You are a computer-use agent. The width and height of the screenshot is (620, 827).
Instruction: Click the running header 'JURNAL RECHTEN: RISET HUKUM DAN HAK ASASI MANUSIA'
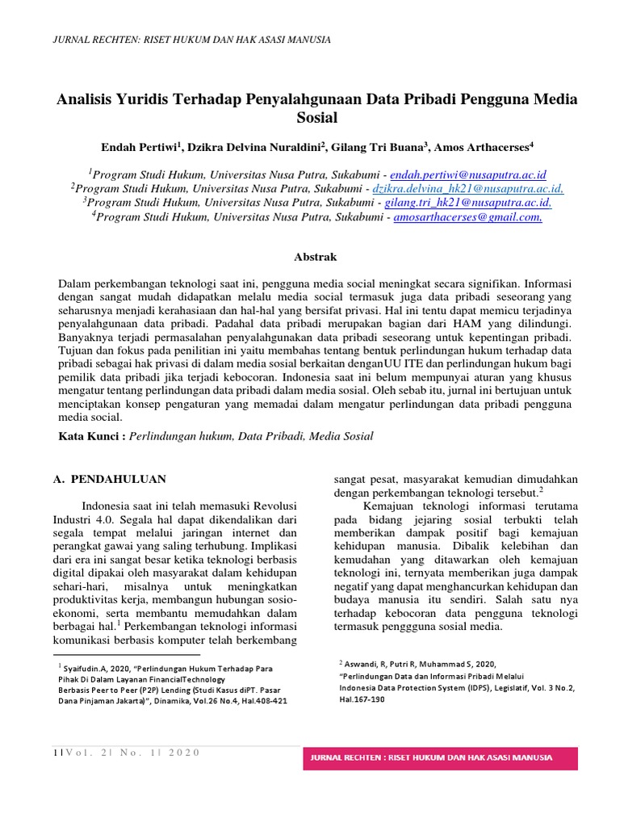tap(191, 40)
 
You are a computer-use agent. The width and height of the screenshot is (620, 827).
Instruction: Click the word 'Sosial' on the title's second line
tap(316, 118)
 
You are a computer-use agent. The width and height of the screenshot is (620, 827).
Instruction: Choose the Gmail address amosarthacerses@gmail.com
tap(467, 217)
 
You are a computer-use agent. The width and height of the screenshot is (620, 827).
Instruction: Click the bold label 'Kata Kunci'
tap(90, 436)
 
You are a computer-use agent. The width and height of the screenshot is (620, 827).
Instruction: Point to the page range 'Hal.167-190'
tap(362, 699)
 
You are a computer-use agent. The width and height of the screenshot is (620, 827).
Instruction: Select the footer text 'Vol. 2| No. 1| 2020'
tap(129, 753)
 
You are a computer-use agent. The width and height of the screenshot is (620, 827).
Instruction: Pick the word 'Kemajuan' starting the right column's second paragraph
tap(386, 505)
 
